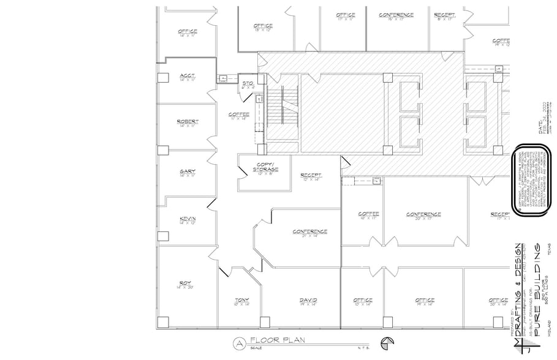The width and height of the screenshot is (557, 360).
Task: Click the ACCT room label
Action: (187, 76)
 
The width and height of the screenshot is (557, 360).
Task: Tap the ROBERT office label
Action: (187, 122)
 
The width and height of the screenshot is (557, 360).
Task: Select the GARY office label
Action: (187, 171)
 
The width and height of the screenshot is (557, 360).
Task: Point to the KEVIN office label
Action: (187, 219)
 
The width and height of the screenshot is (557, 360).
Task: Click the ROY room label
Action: (186, 283)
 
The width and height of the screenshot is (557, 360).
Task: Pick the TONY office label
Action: (241, 300)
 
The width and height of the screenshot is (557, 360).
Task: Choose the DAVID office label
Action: (308, 300)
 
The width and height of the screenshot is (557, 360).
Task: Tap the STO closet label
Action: (248, 83)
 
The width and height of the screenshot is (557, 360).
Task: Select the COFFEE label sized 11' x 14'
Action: (238, 114)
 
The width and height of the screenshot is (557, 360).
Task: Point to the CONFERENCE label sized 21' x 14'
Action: (309, 231)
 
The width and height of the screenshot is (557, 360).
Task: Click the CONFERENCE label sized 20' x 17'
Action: (423, 214)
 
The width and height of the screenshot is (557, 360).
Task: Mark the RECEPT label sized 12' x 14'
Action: (311, 175)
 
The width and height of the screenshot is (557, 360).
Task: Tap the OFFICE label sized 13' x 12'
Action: (263, 26)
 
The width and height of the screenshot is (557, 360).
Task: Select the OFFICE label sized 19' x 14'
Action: (425, 300)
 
